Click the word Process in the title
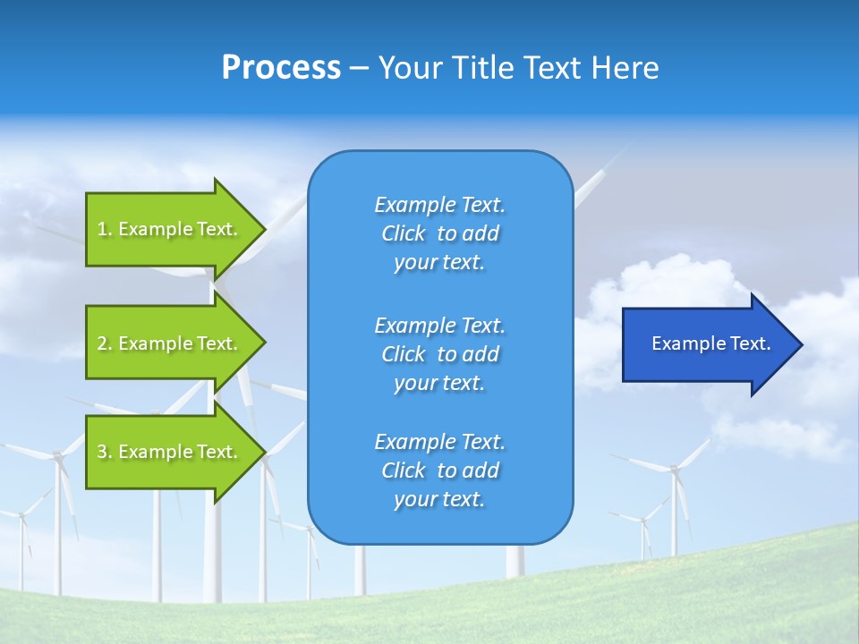coord(281,68)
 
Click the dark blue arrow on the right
coord(707,344)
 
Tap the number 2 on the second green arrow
coord(102,343)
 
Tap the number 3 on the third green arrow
coord(102,452)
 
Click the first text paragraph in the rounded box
coord(439,233)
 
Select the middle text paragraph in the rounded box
coord(439,354)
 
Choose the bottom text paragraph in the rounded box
coord(439,470)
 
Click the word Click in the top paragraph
coord(403,233)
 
